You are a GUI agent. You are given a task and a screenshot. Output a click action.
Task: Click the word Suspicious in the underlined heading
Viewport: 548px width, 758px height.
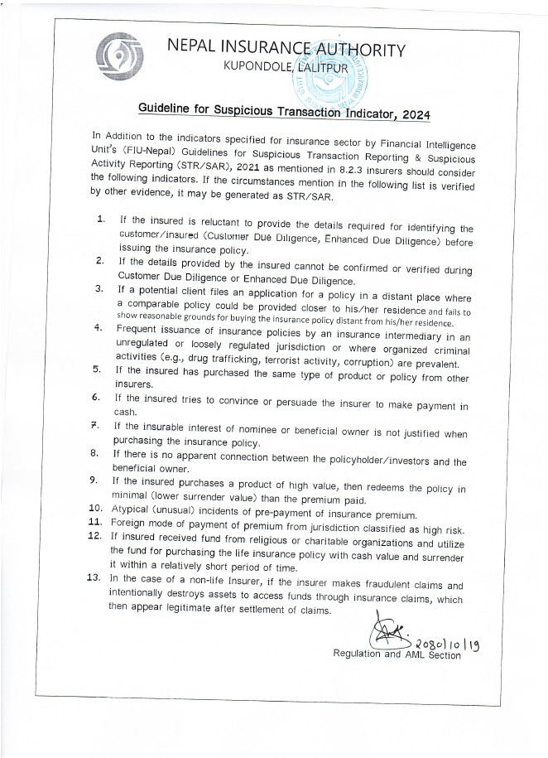[230, 110]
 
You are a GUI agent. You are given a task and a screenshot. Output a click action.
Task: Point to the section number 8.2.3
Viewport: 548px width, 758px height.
[339, 166]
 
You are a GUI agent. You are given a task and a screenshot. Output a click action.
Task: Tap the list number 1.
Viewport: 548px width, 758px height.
[100, 220]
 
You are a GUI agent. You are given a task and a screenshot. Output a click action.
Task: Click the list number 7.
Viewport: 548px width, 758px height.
[97, 424]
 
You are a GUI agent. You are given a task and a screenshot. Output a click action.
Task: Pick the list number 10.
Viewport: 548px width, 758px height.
[95, 505]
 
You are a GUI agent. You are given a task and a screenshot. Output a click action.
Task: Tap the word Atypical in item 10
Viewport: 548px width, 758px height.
[131, 507]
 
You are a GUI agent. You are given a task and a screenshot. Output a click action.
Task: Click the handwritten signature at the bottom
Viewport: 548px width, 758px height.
[390, 635]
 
